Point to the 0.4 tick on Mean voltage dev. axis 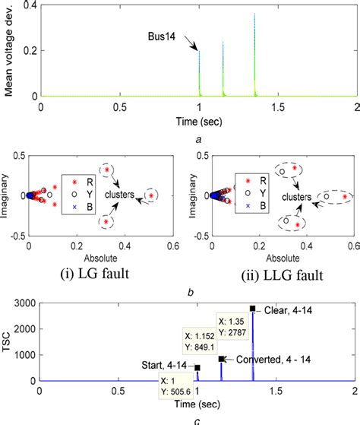(31, 7)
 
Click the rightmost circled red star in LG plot (152, 195)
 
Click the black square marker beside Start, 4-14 (197, 367)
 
